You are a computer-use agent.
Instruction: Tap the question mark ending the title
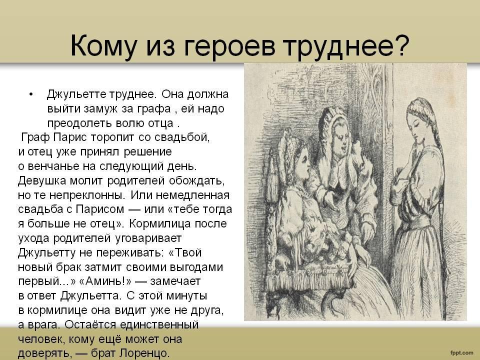click(x=401, y=44)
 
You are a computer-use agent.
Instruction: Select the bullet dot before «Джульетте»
click(x=30, y=94)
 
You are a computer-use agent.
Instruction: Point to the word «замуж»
click(x=102, y=109)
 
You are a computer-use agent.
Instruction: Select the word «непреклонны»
click(x=87, y=195)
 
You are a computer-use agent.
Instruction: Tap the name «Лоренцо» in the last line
click(x=144, y=353)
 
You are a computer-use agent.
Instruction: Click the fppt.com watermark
click(x=461, y=353)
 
